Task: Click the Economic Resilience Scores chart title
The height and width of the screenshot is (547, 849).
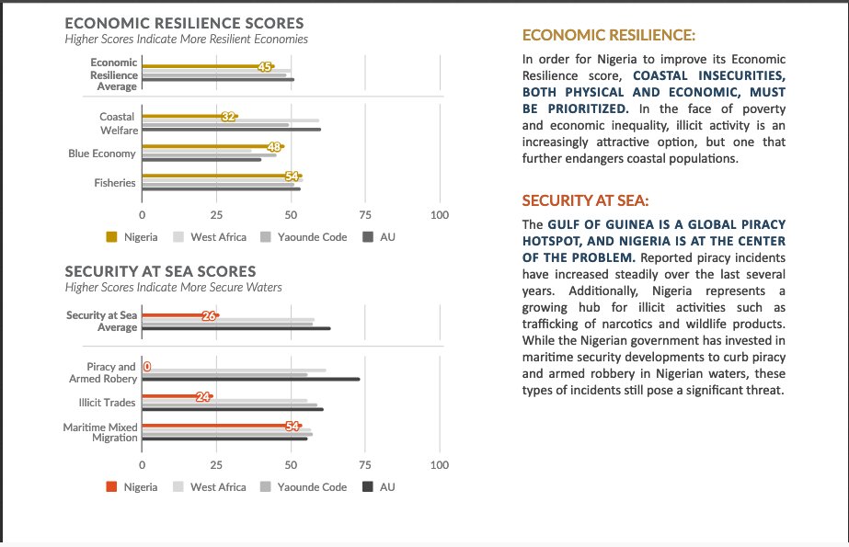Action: [184, 22]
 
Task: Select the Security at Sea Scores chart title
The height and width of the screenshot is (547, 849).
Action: [160, 272]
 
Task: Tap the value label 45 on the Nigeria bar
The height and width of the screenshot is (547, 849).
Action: [265, 67]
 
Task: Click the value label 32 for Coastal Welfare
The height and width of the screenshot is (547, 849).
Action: [229, 117]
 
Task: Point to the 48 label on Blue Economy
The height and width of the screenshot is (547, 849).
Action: [273, 147]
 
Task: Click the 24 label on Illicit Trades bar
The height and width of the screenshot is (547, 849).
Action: [203, 397]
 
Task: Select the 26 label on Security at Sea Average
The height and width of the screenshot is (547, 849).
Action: [209, 316]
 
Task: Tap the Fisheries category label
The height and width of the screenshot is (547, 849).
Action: [115, 183]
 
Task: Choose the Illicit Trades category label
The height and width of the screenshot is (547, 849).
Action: [108, 403]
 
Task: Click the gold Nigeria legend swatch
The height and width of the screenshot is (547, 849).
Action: [111, 237]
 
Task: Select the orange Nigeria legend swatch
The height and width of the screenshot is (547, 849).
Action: [111, 487]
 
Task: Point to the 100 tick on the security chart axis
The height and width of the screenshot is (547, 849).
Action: [440, 465]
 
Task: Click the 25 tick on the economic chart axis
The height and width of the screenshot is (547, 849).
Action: [216, 215]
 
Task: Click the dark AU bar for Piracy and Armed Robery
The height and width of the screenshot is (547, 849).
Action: [250, 379]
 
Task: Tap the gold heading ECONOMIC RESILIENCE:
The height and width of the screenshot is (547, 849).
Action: [608, 36]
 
